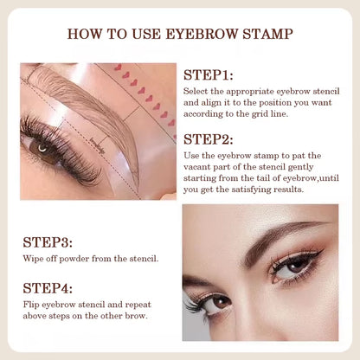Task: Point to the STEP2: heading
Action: click(209, 138)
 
